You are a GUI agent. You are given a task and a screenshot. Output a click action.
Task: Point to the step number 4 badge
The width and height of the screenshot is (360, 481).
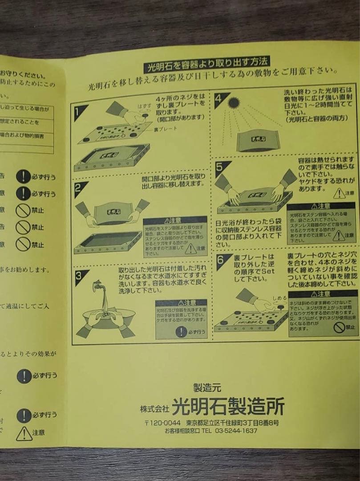click(x=221, y=100)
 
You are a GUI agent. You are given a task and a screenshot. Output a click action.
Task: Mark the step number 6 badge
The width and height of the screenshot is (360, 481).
click(x=223, y=262)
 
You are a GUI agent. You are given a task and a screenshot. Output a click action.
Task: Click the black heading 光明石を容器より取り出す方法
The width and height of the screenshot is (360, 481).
click(x=207, y=67)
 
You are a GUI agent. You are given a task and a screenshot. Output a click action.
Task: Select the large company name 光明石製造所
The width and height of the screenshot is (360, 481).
click(x=227, y=406)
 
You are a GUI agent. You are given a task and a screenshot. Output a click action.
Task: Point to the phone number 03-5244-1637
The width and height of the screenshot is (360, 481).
click(x=236, y=431)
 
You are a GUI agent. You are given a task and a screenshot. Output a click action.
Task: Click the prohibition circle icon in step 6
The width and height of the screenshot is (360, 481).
click(x=340, y=327)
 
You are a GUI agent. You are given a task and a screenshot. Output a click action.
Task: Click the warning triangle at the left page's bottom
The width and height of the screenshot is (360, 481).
click(x=24, y=433)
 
